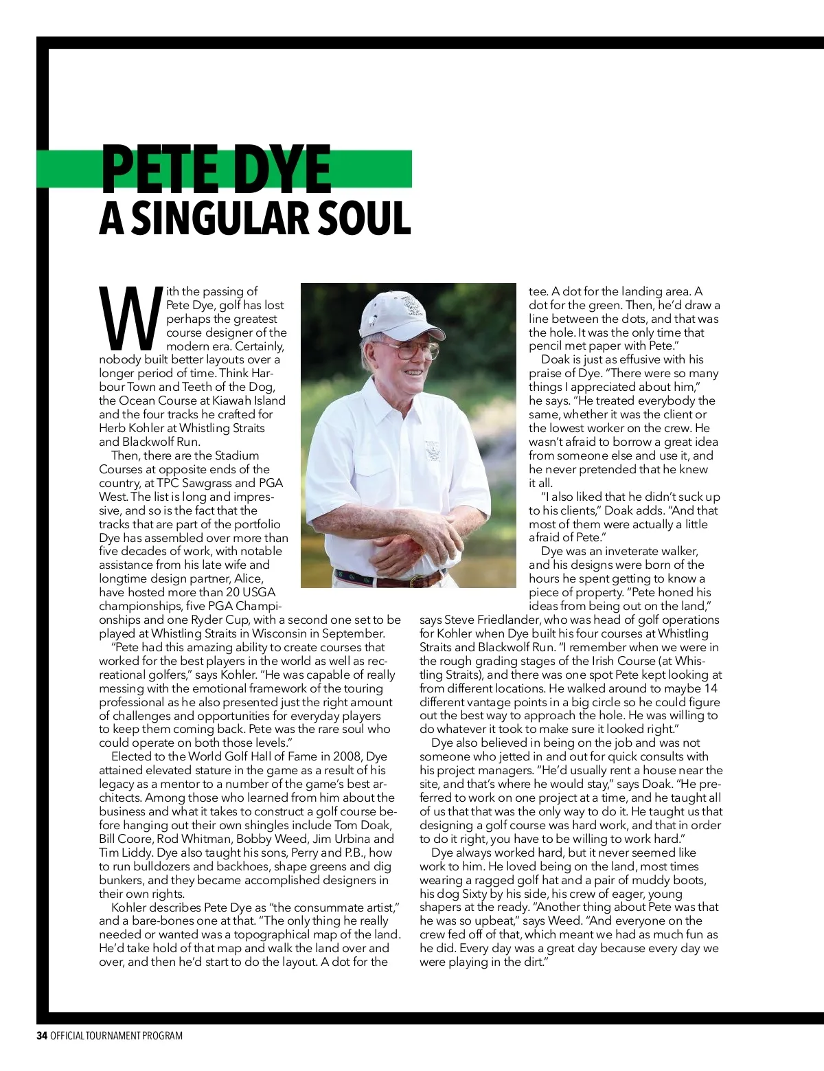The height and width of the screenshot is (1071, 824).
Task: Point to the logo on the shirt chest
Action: [x=433, y=450]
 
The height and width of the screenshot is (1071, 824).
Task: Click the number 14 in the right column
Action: [x=711, y=688]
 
